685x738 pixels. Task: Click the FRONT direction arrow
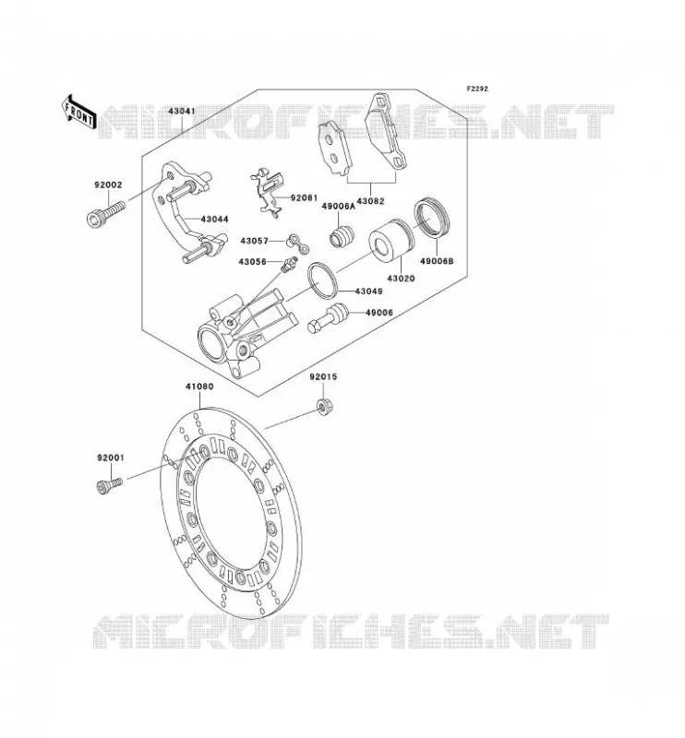pos(78,112)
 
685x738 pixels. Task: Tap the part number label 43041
pos(182,112)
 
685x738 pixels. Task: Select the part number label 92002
pos(108,185)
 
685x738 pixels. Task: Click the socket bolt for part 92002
pos(106,213)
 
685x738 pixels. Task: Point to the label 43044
pos(214,220)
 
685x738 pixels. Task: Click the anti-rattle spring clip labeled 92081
pos(268,193)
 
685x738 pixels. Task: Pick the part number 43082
pos(370,201)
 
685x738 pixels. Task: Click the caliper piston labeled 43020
pos(391,240)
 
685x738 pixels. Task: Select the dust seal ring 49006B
pos(431,218)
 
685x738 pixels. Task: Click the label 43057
pos(254,241)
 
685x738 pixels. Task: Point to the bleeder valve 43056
pos(288,264)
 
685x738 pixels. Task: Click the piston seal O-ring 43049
pos(322,280)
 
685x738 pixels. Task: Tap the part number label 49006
pos(379,313)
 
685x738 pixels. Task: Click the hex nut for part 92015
pos(323,407)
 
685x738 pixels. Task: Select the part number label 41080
pos(199,387)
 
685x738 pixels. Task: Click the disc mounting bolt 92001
pos(109,486)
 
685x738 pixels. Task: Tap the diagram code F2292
pos(477,89)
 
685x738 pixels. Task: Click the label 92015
pos(323,377)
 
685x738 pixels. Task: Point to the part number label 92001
pos(111,458)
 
